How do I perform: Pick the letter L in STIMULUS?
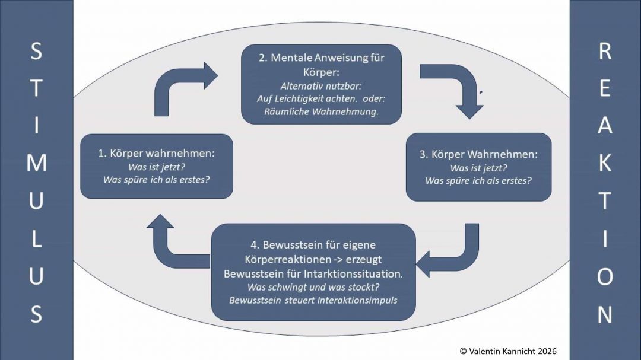pos(36,238)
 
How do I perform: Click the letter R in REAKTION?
pos(604,52)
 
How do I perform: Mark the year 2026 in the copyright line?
pos(545,351)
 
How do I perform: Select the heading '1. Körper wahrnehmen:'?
pos(156,153)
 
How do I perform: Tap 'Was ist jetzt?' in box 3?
pos(478,168)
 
